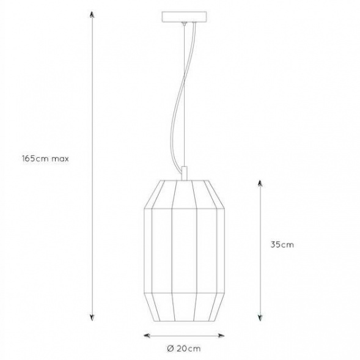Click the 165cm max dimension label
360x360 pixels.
(x=45, y=159)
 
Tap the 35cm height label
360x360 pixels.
(x=282, y=244)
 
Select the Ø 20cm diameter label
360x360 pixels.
(x=184, y=348)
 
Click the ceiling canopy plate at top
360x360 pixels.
(x=185, y=17)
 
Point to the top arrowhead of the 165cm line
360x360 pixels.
(x=92, y=14)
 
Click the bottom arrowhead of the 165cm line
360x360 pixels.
(x=92, y=318)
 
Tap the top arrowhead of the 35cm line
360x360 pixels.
(x=260, y=183)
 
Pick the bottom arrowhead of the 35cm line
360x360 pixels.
(x=260, y=318)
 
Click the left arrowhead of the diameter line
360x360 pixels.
(x=147, y=336)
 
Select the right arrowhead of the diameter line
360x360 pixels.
(x=221, y=336)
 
